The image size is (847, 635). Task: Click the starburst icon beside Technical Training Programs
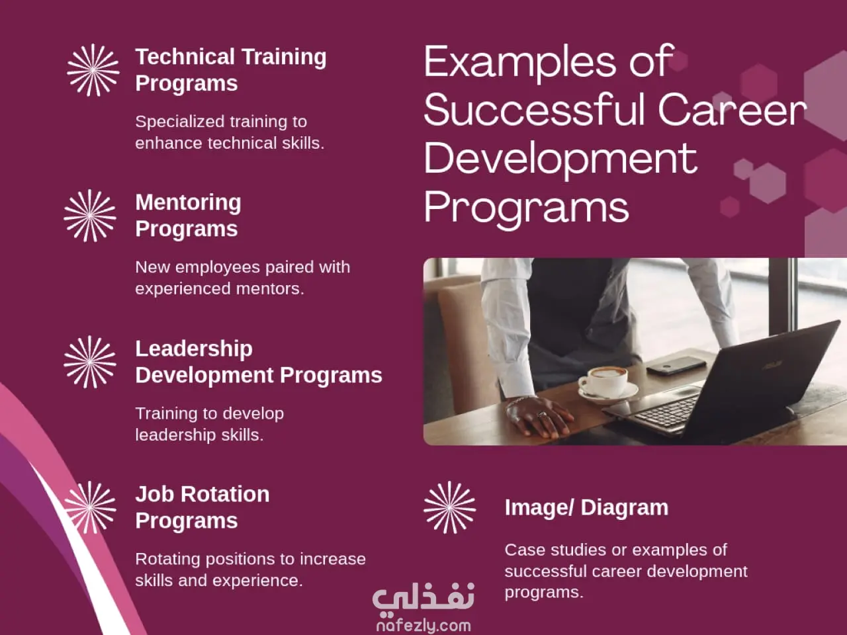click(x=93, y=70)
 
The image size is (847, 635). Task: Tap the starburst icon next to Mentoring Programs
click(x=90, y=216)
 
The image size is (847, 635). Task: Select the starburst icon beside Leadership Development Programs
click(x=90, y=362)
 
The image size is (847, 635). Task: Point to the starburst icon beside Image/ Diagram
click(x=449, y=508)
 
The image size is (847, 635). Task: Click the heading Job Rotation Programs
click(x=202, y=507)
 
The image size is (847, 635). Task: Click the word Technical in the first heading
click(x=185, y=57)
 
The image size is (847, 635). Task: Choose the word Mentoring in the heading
click(x=189, y=203)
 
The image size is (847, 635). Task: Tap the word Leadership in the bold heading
click(x=194, y=349)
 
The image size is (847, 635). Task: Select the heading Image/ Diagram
click(x=586, y=508)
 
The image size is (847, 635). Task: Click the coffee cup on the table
click(x=606, y=382)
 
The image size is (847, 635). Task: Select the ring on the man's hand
click(x=542, y=415)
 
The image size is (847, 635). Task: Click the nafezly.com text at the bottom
click(x=423, y=625)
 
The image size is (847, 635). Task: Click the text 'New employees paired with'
click(x=243, y=267)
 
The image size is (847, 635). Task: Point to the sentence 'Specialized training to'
click(x=221, y=122)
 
